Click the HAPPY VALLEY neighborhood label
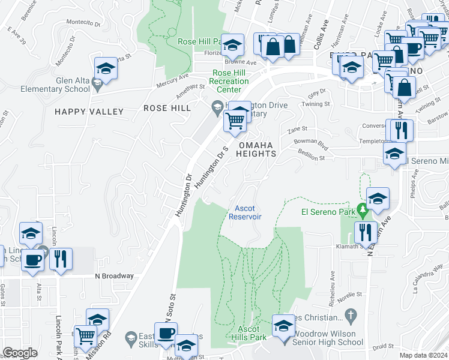point(89,112)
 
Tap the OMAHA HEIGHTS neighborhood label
point(256,149)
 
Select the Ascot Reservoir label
point(244,212)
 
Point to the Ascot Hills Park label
point(249,333)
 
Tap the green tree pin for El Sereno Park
point(362,211)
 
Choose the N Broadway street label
point(114,276)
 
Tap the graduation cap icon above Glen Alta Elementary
point(106,68)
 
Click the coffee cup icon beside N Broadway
point(34,260)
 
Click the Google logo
point(20,353)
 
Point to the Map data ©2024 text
point(423,355)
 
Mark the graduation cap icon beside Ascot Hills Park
point(283,326)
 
